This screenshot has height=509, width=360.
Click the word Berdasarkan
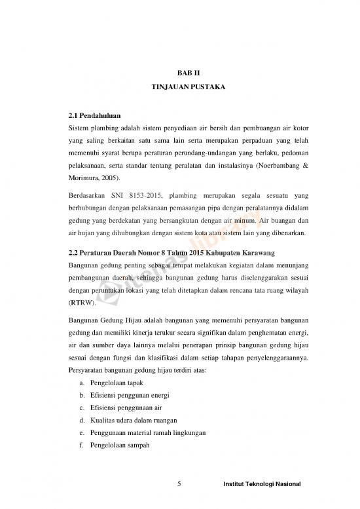click(x=88, y=196)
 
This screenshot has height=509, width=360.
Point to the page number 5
click(x=180, y=485)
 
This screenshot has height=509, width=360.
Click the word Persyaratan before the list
click(x=91, y=370)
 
